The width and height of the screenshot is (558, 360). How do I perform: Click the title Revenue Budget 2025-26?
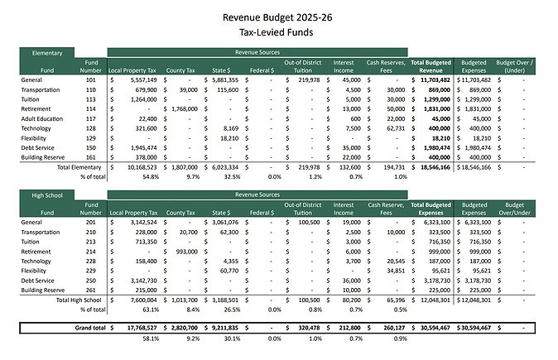279,16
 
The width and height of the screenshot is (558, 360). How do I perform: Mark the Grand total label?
90,328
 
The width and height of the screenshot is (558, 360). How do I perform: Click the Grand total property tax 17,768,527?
138,328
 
